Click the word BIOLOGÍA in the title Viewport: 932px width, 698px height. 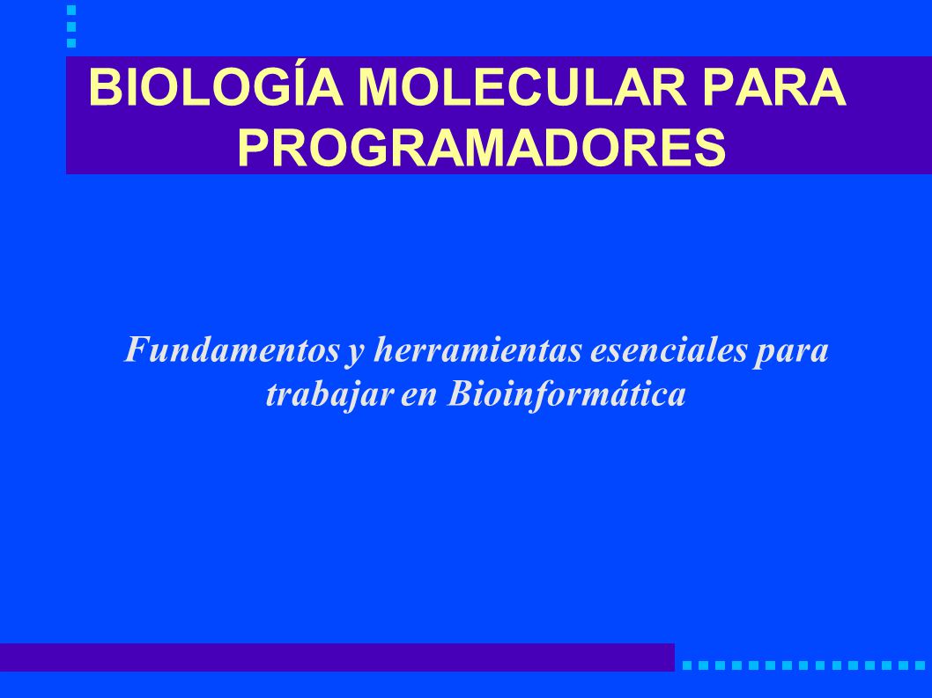(215, 88)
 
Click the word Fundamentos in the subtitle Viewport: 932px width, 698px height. (232, 349)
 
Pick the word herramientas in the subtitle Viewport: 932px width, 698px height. (477, 349)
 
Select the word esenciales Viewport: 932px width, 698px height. (668, 349)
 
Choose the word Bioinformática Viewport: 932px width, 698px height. (566, 394)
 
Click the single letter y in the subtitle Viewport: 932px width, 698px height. (355, 355)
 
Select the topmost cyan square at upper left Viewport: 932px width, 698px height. (71, 10)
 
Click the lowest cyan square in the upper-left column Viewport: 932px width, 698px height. (71, 43)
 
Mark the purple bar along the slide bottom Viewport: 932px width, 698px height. (337, 657)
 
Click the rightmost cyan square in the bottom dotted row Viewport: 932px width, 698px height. (920, 666)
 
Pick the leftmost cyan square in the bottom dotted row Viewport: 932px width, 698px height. (687, 666)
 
